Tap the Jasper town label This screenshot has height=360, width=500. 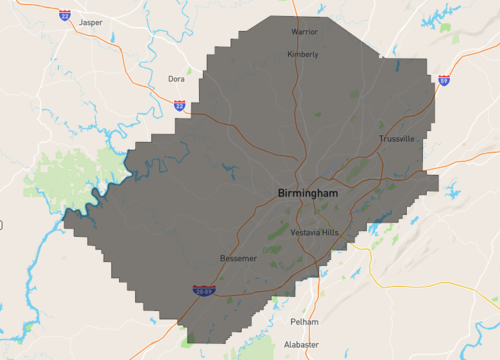[x=90, y=22]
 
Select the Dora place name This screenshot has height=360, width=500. [x=176, y=78]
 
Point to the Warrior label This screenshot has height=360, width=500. [x=304, y=33]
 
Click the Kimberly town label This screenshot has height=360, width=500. [x=303, y=55]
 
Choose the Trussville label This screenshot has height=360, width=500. [x=396, y=139]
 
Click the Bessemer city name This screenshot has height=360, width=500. [x=238, y=259]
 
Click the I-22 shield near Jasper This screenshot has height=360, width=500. [x=65, y=16]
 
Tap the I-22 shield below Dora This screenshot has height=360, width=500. [x=179, y=104]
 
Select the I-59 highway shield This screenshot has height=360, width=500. [x=442, y=80]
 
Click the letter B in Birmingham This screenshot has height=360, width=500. [x=281, y=192]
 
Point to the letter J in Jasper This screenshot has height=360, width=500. [x=80, y=22]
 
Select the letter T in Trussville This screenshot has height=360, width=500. [x=381, y=139]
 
